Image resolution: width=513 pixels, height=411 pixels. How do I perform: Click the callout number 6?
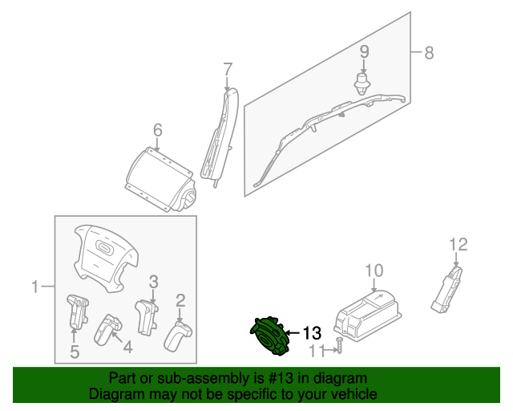tap(157, 129)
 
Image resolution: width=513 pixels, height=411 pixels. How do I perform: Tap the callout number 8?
tap(429, 54)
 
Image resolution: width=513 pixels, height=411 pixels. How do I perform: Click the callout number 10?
tap(374, 270)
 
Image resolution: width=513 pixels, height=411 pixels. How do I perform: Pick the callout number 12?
tap(458, 244)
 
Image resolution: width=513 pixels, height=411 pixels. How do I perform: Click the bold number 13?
tap(311, 332)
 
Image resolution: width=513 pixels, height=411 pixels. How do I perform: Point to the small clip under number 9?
tap(363, 82)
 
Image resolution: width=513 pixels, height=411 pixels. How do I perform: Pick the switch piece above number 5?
tap(76, 310)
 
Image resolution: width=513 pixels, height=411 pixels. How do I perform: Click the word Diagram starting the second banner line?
tap(111, 394)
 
